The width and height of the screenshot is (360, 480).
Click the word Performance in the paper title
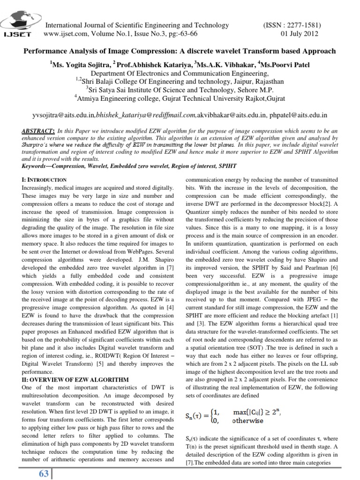click(x=45, y=50)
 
